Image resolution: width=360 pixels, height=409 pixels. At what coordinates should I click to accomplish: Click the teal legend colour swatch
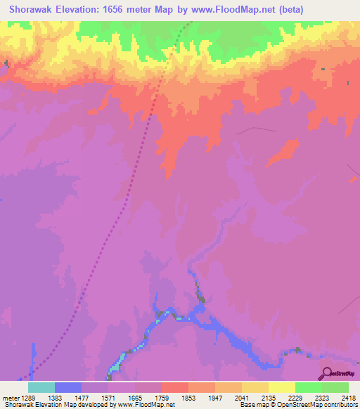click(41, 387)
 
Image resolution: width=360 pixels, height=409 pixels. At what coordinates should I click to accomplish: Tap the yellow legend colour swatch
click(282, 387)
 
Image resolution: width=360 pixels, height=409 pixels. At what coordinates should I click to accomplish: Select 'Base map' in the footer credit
click(251, 405)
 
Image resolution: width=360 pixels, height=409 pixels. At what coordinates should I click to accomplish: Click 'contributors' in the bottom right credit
click(340, 405)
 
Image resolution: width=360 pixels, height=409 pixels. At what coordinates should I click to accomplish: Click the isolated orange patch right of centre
click(283, 150)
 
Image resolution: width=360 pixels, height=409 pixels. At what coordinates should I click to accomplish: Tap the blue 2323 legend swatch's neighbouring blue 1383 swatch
click(68, 387)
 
